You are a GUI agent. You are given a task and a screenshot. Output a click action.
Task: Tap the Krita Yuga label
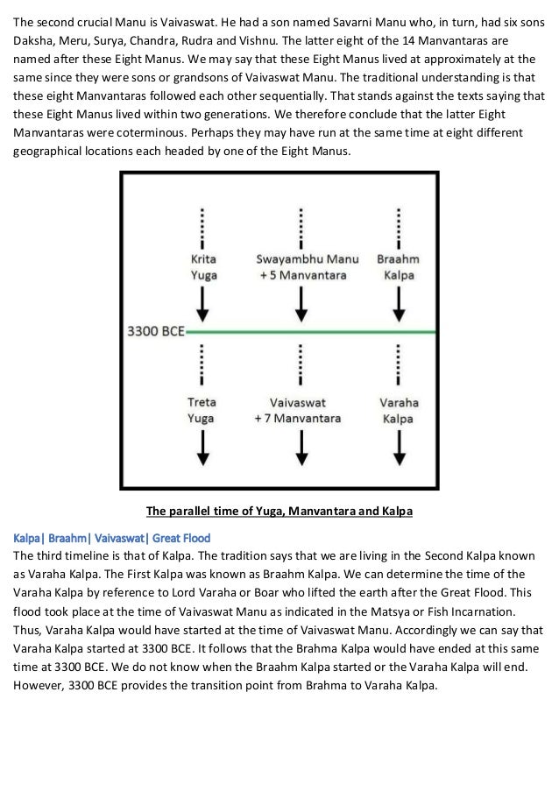pyautogui.click(x=204, y=267)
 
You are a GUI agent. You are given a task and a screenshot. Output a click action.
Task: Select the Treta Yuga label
pyautogui.click(x=204, y=411)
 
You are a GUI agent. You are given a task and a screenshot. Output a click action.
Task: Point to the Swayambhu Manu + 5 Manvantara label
pyautogui.click(x=302, y=267)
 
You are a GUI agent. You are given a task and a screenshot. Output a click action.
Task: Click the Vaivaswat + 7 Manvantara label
pyautogui.click(x=302, y=411)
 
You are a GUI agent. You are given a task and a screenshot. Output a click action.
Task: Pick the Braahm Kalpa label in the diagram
pyautogui.click(x=399, y=267)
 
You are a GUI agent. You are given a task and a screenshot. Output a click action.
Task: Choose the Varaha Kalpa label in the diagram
pyautogui.click(x=399, y=411)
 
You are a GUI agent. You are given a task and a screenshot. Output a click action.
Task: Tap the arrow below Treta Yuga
pyautogui.click(x=204, y=448)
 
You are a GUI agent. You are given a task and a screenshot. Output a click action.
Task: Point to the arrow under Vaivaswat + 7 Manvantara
pyautogui.click(x=302, y=448)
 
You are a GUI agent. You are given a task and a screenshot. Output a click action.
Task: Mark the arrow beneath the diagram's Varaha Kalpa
pyautogui.click(x=399, y=448)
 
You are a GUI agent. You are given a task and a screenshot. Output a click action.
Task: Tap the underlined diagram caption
pyautogui.click(x=279, y=511)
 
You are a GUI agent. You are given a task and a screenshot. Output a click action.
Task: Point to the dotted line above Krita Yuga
pyautogui.click(x=204, y=229)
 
